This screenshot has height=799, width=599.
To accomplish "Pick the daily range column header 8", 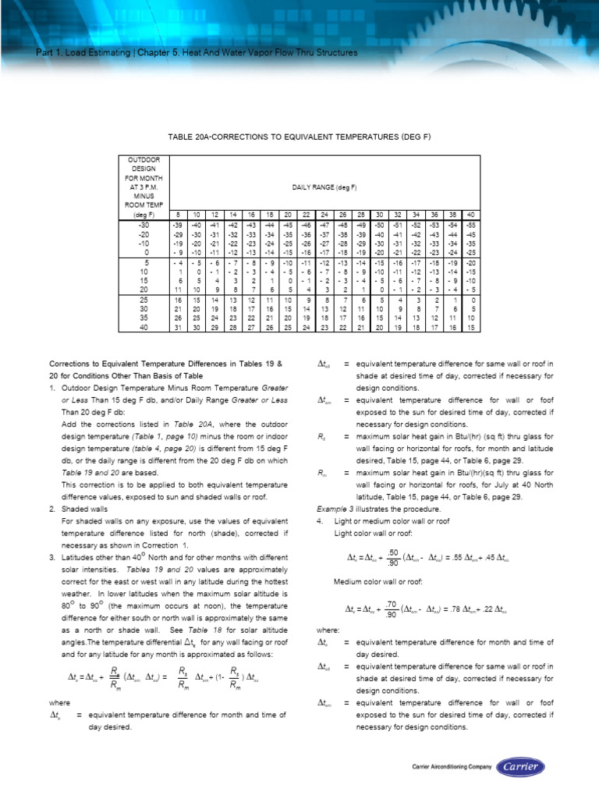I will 177,214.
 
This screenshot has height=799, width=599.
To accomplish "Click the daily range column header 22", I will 307,214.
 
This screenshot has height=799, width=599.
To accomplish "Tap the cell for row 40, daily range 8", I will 177,327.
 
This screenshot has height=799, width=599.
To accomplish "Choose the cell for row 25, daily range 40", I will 471,300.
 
